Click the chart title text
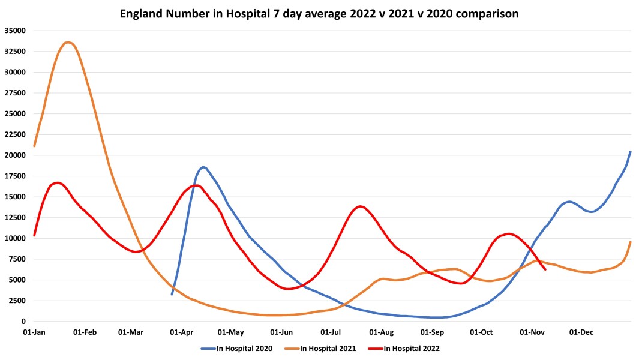[319, 13]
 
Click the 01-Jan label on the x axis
[34, 332]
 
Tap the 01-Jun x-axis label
[281, 332]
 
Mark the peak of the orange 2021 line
[68, 43]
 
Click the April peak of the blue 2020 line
[203, 167]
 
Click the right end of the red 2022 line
[545, 269]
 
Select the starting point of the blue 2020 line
[172, 294]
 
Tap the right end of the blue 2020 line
[630, 152]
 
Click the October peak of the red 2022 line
[509, 233]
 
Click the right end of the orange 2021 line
[630, 242]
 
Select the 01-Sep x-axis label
[432, 332]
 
